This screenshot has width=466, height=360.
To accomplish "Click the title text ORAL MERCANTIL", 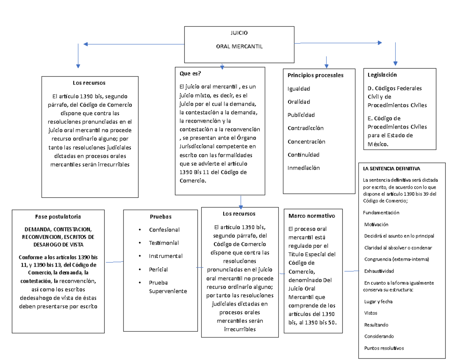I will point(239,47).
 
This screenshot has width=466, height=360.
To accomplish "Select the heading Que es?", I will point(190,73).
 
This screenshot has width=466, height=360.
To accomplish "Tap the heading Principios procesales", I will point(315,75).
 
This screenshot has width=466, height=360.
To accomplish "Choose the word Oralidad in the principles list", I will point(299,102).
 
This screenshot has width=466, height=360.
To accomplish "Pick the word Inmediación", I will point(303,168).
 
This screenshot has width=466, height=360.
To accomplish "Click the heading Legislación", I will point(382,75).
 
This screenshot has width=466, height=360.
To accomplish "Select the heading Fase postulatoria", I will point(58,216).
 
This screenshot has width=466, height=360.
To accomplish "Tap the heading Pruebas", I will point(160,216).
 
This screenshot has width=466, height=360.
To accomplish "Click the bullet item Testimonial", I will point(164,243).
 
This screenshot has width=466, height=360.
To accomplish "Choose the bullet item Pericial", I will point(158,269).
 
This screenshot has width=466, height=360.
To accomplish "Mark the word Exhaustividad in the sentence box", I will point(379,271).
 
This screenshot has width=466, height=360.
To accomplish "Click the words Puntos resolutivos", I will point(384,348).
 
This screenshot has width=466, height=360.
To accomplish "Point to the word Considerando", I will point(379,336).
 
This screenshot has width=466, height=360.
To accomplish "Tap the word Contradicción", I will point(305,128).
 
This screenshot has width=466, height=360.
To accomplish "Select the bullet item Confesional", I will point(164,230).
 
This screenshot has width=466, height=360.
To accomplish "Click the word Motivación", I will point(376,224).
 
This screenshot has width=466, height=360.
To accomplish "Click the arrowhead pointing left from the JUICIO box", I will point(85,44).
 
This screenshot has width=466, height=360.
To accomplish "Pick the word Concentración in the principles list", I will point(306,141).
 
